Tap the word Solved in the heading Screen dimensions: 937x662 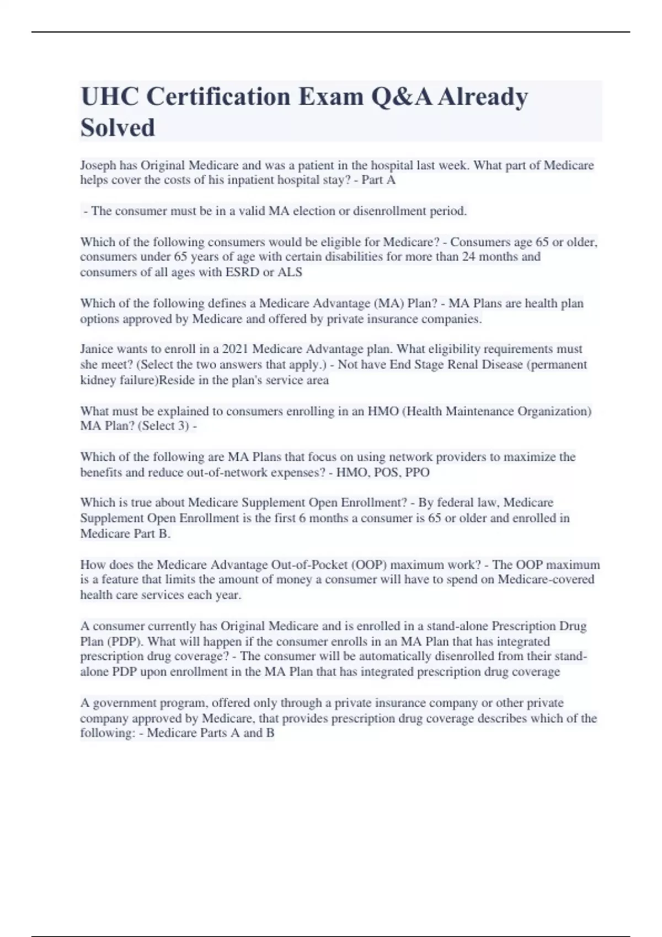click(118, 128)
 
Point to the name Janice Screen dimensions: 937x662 click(97, 349)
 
